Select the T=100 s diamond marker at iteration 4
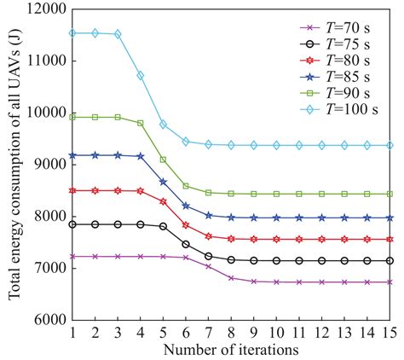coord(140,75)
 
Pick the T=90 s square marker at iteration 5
coord(163,160)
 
